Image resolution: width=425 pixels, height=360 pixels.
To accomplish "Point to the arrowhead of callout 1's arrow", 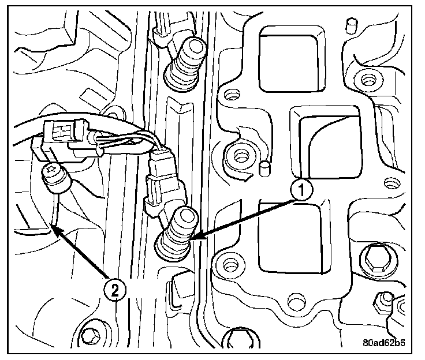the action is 192,238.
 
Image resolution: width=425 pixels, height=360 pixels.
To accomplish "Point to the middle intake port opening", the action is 325,141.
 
